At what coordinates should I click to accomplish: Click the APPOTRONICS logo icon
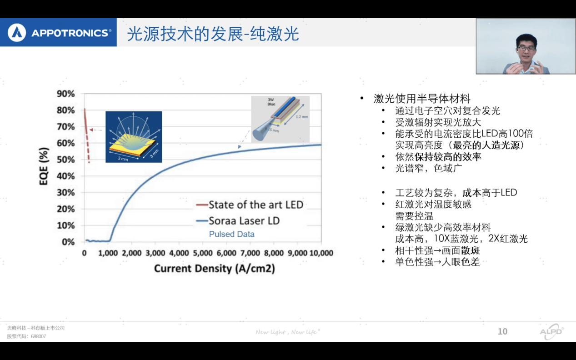(17, 33)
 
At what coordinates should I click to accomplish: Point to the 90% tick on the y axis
(65, 94)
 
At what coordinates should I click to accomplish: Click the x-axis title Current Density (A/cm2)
(214, 268)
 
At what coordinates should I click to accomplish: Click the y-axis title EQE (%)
(44, 167)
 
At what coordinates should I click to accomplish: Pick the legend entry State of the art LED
(255, 205)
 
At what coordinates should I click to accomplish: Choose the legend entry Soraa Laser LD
(244, 221)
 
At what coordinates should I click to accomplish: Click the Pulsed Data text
(231, 234)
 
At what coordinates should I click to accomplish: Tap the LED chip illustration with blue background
(134, 137)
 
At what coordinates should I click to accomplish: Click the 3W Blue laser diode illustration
(280, 119)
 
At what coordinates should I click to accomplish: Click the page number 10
(502, 331)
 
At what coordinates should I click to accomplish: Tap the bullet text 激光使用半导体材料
(421, 99)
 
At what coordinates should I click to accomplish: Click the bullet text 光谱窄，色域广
(422, 168)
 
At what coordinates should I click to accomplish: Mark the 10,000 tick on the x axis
(321, 253)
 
